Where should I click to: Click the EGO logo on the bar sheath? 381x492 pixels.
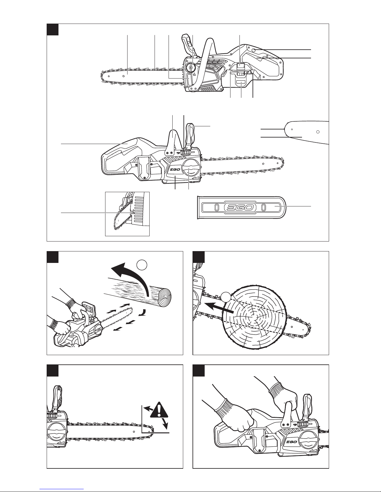[x=241, y=207]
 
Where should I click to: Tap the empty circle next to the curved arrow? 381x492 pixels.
[x=142, y=265]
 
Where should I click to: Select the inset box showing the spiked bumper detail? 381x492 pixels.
[x=127, y=214]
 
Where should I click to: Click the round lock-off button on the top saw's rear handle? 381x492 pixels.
[x=254, y=50]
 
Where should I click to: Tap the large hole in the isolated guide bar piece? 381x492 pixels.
[x=318, y=132]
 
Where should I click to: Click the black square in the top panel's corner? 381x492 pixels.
[x=53, y=29]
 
